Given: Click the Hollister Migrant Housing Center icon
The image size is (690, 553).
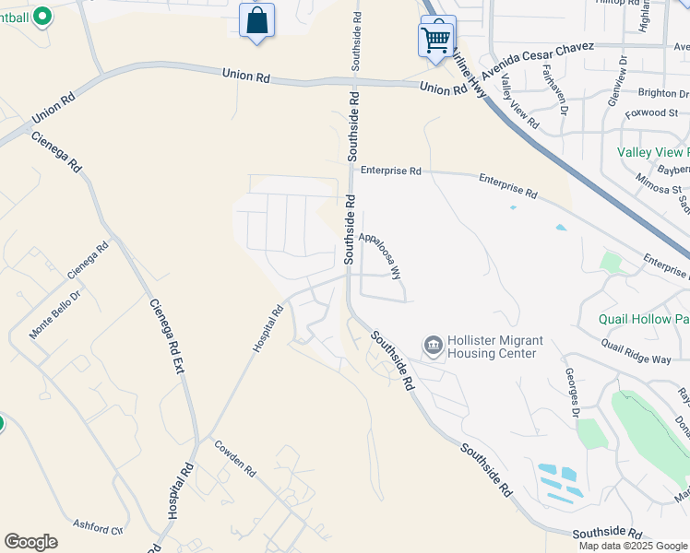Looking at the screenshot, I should (x=433, y=346).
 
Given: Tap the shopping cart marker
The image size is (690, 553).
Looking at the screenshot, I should (x=436, y=38).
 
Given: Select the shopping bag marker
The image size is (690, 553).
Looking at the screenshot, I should (x=256, y=20).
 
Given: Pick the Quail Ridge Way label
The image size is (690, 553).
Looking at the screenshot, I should (x=636, y=353).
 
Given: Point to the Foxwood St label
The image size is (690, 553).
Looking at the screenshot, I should (x=651, y=112).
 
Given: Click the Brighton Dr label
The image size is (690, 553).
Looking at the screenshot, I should (x=662, y=93).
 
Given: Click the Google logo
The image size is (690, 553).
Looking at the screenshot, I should (x=30, y=542).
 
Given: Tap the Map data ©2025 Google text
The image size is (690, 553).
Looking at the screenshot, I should (x=632, y=546).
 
